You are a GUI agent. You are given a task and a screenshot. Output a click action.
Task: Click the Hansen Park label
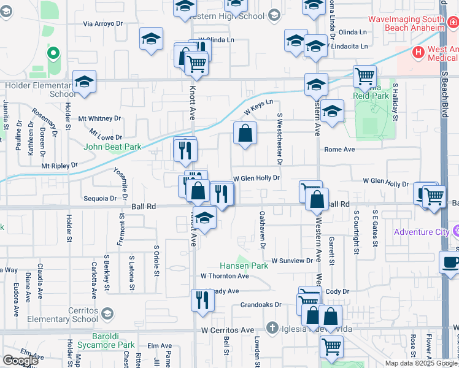(244, 266)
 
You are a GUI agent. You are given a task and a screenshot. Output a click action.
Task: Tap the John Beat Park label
(113, 147)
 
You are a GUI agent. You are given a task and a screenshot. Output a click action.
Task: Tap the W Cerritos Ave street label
(228, 330)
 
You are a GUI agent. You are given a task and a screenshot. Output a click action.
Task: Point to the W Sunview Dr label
(292, 261)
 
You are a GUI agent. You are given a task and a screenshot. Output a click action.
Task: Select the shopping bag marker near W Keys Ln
(245, 133)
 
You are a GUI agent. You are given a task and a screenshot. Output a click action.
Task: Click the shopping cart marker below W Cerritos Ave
(331, 347)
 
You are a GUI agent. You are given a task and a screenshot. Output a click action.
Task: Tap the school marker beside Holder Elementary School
(84, 83)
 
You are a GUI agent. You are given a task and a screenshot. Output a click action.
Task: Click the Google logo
(20, 361)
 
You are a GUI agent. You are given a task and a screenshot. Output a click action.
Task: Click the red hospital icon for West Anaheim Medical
(418, 52)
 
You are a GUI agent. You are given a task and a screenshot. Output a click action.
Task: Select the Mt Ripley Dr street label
(60, 165)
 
